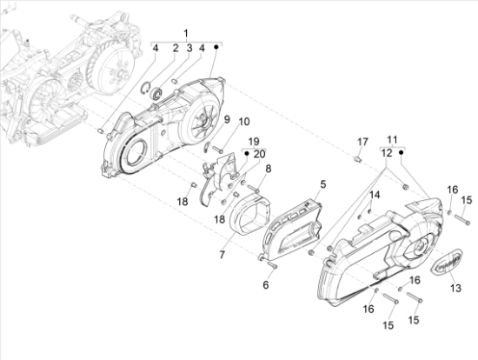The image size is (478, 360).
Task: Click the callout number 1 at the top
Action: [186, 33]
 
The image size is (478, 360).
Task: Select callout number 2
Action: [176, 48]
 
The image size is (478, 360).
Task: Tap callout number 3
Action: [189, 48]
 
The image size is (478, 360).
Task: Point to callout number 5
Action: [322, 184]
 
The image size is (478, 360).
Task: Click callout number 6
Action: [266, 284]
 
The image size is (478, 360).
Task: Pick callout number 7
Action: [222, 255]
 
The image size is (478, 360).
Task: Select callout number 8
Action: [268, 169]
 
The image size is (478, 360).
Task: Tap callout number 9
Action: [227, 120]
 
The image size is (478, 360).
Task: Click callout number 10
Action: [244, 122]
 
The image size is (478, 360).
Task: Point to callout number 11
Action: [392, 140]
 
